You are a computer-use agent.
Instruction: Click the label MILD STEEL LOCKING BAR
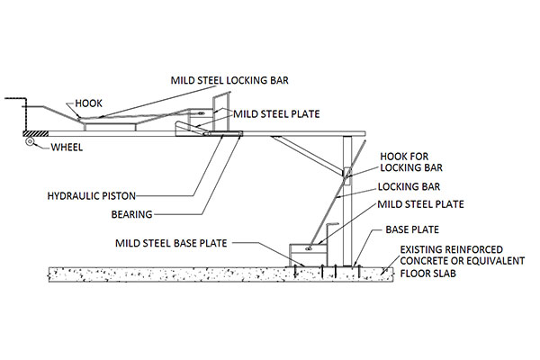click(x=229, y=80)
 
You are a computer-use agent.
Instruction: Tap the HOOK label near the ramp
click(x=89, y=103)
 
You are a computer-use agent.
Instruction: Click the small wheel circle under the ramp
click(x=31, y=142)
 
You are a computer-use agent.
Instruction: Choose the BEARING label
click(x=133, y=214)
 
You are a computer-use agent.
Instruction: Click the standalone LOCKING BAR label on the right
click(x=400, y=187)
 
